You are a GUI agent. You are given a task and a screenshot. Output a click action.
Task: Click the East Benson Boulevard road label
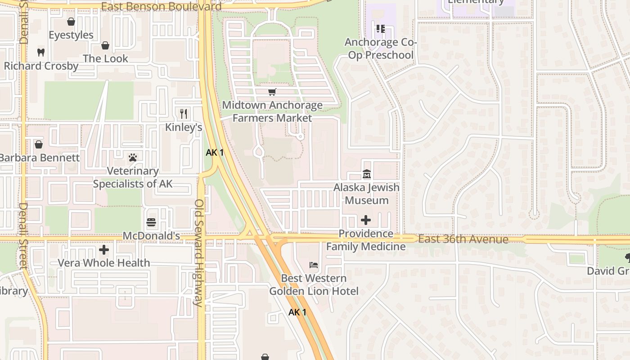[x=162, y=6]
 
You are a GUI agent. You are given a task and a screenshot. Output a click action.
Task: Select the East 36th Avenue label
[x=463, y=239]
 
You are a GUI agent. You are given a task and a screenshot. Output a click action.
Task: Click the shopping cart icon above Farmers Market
[x=272, y=92]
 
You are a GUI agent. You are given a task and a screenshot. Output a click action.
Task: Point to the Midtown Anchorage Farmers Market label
[x=272, y=112]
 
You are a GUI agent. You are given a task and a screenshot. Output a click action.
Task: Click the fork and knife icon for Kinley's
[x=184, y=113]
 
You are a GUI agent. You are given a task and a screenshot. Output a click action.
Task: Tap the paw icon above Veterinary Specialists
[x=133, y=157]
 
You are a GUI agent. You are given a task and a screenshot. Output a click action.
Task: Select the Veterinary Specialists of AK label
[x=133, y=177]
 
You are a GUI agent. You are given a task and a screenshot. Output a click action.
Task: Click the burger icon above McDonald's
[x=151, y=222]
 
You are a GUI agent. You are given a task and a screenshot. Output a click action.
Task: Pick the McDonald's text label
[x=151, y=236]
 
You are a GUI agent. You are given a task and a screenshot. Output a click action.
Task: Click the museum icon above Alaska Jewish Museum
[x=366, y=174]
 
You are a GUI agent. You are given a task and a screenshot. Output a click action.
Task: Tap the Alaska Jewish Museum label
[x=366, y=193]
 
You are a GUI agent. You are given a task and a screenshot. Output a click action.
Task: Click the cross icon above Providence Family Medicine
[x=366, y=220]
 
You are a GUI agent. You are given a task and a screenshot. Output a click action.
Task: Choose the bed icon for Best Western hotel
[x=314, y=265]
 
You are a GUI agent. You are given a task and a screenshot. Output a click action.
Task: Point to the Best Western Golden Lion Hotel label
[x=314, y=285]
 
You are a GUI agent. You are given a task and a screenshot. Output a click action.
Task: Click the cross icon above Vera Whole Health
[x=104, y=249]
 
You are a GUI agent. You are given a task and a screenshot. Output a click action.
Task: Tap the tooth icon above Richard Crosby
[x=41, y=52]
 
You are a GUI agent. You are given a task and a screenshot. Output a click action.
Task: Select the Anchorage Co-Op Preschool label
[x=381, y=49]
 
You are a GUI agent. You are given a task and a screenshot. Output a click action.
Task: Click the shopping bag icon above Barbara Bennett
[x=39, y=144]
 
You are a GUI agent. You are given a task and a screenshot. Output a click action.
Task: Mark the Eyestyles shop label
[x=71, y=35]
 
